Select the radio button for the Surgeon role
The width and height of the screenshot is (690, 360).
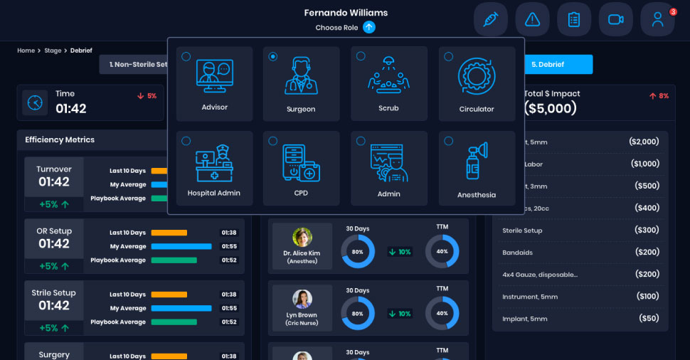[273, 57]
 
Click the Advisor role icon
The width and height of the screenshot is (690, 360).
[214, 77]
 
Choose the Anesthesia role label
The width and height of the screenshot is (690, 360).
[477, 195]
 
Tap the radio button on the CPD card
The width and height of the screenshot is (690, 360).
[273, 141]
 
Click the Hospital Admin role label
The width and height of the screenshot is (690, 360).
[214, 193]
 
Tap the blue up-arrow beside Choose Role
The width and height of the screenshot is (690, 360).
[368, 28]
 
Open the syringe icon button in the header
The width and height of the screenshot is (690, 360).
[490, 19]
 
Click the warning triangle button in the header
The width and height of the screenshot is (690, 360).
[532, 19]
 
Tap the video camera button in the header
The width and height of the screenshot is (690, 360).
[616, 19]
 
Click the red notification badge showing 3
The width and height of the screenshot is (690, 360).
[673, 11]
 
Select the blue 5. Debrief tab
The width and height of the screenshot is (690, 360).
[547, 64]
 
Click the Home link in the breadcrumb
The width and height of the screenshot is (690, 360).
[26, 51]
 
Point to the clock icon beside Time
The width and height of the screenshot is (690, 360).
[34, 102]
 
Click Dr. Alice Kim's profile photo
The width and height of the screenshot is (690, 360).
[302, 238]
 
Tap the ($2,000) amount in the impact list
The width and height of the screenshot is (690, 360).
[644, 142]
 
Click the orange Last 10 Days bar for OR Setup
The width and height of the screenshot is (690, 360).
[169, 233]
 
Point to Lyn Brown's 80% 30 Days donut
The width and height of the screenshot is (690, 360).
[357, 313]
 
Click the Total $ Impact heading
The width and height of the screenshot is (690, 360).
[552, 94]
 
